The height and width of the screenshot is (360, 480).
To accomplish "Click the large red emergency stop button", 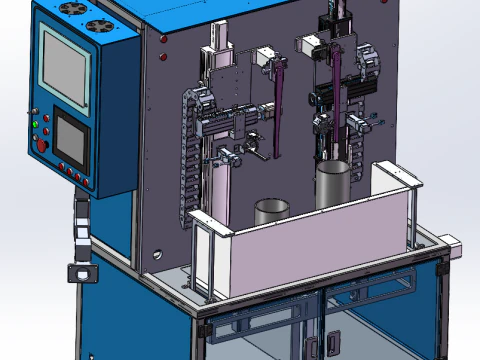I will [42, 145].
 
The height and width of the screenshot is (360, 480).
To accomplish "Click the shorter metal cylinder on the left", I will [271, 211].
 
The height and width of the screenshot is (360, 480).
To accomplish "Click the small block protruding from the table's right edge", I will [451, 243].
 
